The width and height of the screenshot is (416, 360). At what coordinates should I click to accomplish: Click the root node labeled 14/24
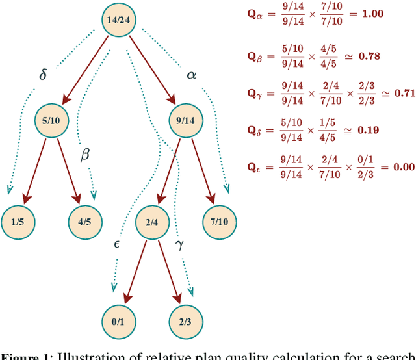pyautogui.click(x=120, y=19)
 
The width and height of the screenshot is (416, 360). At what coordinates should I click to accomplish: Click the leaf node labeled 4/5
pyautogui.click(x=84, y=222)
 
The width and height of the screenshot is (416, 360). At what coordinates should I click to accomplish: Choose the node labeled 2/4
pyautogui.click(x=152, y=222)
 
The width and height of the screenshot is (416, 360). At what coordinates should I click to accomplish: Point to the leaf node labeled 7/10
pyautogui.click(x=219, y=222)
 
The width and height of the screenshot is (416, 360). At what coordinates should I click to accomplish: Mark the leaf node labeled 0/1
pyautogui.click(x=120, y=320)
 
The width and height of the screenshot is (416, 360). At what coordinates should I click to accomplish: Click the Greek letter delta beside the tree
pyautogui.click(x=44, y=74)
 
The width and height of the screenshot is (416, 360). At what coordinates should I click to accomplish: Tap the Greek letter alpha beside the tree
pyautogui.click(x=191, y=74)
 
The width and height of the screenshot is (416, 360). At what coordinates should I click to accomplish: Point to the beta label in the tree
pyautogui.click(x=84, y=155)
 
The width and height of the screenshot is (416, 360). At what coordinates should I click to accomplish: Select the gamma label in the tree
pyautogui.click(x=180, y=245)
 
